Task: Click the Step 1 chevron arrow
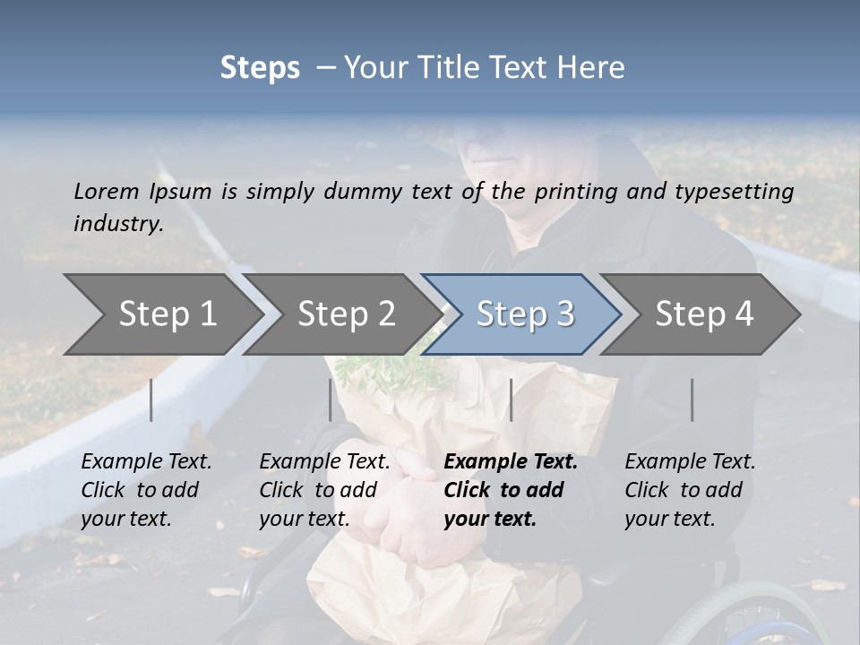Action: tap(161, 314)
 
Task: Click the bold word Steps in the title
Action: tap(260, 68)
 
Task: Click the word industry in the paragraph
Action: tap(116, 223)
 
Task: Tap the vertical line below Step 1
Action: tap(151, 400)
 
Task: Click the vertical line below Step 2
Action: tap(331, 400)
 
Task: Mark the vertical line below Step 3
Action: tap(511, 400)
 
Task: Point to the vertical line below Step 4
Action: tap(692, 400)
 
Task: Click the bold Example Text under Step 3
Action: tap(511, 462)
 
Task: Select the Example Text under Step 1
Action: tap(146, 462)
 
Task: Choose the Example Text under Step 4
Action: tap(690, 462)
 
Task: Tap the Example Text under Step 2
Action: tap(324, 462)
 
